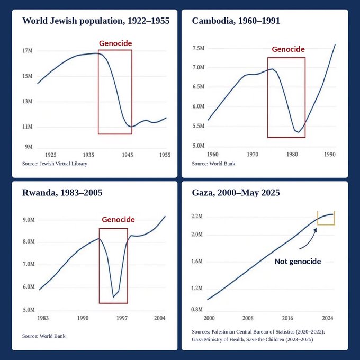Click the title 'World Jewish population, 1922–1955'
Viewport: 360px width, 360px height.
click(x=96, y=21)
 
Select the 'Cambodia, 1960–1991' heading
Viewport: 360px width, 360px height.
click(x=236, y=21)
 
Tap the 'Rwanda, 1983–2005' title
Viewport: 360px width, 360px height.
click(x=62, y=193)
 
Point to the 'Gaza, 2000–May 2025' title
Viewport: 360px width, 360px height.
click(x=236, y=193)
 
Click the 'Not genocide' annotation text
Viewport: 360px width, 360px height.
click(x=298, y=262)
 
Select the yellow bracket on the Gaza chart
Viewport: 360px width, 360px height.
click(x=326, y=224)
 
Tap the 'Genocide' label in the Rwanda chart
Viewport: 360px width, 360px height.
click(x=118, y=220)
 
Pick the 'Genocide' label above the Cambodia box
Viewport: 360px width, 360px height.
click(x=288, y=49)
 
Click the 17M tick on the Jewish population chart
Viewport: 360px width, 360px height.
click(x=28, y=50)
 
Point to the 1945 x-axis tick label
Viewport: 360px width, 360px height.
click(x=128, y=155)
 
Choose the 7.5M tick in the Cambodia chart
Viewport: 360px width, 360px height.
click(x=199, y=48)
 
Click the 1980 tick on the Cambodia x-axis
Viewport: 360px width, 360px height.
click(x=292, y=154)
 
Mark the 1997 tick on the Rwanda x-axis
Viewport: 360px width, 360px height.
click(x=122, y=318)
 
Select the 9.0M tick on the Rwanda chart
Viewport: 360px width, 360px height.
click(x=29, y=220)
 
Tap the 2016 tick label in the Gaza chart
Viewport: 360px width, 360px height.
click(x=287, y=318)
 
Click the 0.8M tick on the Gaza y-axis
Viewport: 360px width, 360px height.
click(x=197, y=309)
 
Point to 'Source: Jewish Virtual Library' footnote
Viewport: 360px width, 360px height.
click(x=55, y=164)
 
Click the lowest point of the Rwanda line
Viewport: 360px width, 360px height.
click(x=113, y=298)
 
